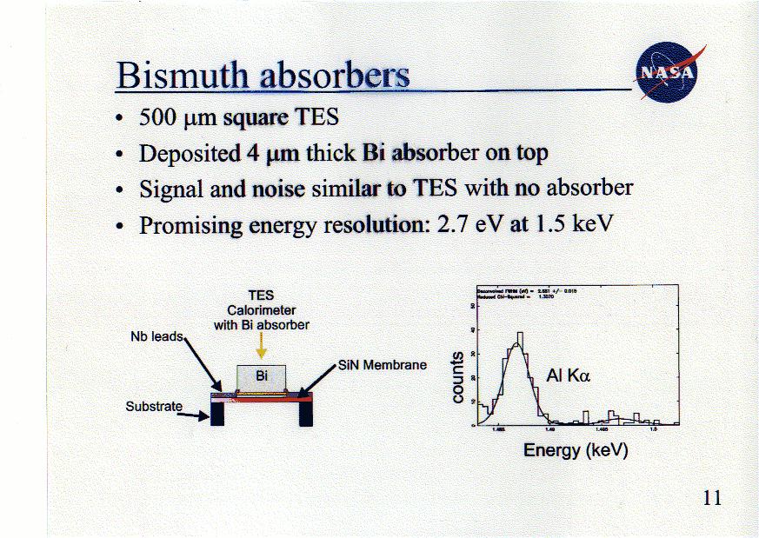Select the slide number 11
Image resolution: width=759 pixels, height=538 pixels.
(x=711, y=498)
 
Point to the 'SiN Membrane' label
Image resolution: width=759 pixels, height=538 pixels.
(x=383, y=365)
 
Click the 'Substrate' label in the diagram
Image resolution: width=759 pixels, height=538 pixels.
(x=154, y=406)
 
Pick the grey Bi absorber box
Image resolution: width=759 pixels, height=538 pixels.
(x=262, y=375)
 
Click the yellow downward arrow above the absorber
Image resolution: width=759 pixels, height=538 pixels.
(x=262, y=347)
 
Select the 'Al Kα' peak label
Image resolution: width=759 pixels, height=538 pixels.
(x=568, y=376)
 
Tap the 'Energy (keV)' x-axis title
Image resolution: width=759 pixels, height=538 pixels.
(x=575, y=450)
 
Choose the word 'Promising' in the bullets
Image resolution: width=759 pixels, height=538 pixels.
(x=190, y=225)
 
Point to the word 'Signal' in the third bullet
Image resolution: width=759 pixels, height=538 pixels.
(x=167, y=189)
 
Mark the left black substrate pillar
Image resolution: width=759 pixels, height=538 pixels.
(x=217, y=414)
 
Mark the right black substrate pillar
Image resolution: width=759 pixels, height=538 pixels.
(x=305, y=414)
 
